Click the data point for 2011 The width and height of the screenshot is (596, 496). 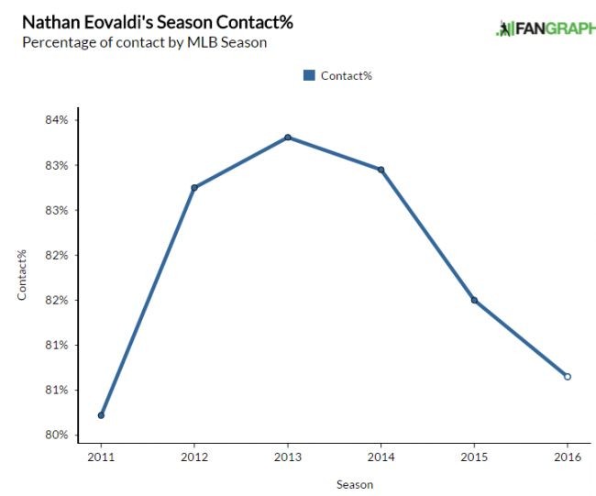coord(101,415)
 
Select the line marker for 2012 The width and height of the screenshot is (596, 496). coord(194,187)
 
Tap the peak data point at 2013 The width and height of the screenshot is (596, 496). coord(288,138)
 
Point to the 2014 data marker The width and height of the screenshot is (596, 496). coord(381,170)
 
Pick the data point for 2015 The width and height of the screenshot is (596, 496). coord(474,301)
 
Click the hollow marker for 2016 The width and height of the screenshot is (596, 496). coord(568,376)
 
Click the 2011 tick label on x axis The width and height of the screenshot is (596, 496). coord(101,456)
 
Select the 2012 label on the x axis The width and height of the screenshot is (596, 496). coord(194,456)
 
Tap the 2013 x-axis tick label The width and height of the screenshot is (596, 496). coord(288,456)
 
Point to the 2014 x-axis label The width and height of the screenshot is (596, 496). coord(381,456)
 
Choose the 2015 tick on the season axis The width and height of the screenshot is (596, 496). coord(474,456)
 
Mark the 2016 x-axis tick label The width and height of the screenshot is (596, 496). coord(568,456)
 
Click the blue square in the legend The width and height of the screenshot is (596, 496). coord(309,75)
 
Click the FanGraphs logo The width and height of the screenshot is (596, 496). coord(546,28)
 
